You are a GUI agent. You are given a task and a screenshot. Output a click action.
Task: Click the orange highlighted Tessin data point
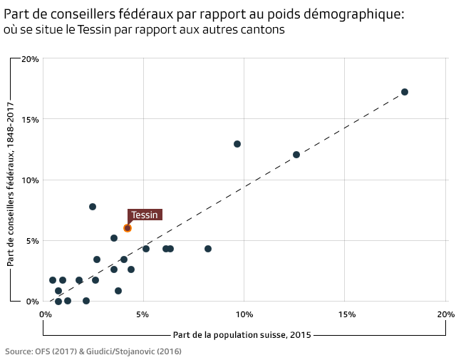pyautogui.click(x=128, y=228)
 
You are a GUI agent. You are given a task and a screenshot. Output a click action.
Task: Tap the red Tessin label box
pyautogui.click(x=145, y=215)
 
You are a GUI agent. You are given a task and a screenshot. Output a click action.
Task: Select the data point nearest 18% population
pyautogui.click(x=405, y=92)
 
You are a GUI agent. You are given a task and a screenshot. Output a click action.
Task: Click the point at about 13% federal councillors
pyautogui.click(x=237, y=144)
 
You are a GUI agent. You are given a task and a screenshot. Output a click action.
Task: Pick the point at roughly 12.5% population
pyautogui.click(x=296, y=155)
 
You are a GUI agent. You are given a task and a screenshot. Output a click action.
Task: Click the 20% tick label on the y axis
pyautogui.click(x=29, y=59)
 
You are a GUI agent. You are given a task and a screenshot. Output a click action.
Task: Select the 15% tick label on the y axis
pyautogui.click(x=29, y=120)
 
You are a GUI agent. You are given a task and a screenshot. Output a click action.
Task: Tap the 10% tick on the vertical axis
pyautogui.click(x=29, y=180)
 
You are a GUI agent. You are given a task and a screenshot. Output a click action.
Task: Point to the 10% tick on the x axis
pyautogui.click(x=244, y=314)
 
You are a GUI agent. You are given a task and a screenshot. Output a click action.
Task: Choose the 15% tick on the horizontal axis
pyautogui.click(x=345, y=314)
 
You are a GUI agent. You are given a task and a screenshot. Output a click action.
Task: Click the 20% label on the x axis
pyautogui.click(x=445, y=314)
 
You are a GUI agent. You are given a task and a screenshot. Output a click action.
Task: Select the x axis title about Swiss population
pyautogui.click(x=242, y=334)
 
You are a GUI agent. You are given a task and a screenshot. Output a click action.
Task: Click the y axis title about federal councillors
pyautogui.click(x=11, y=184)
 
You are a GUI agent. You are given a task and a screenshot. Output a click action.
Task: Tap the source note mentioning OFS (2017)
pyautogui.click(x=93, y=351)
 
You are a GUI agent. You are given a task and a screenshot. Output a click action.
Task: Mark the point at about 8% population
pyautogui.click(x=208, y=249)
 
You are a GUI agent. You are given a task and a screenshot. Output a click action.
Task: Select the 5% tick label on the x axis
pyautogui.click(x=143, y=314)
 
